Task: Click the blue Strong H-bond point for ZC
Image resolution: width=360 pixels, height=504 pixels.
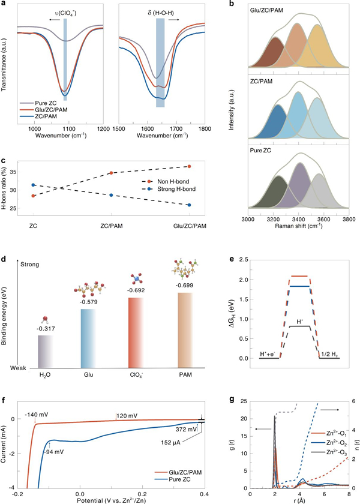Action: (x=34, y=185)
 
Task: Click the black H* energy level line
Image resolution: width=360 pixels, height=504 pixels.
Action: (x=300, y=326)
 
